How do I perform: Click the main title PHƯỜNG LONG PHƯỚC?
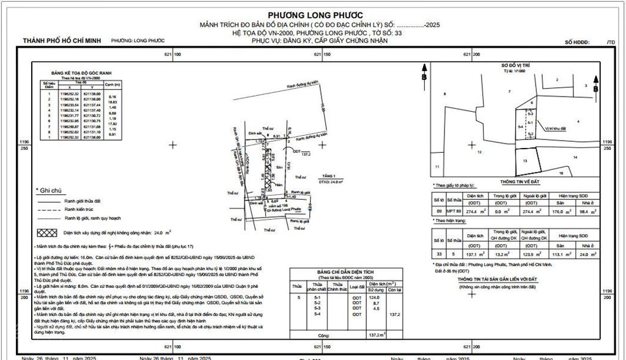click(315, 15)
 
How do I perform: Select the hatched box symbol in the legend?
click(48, 233)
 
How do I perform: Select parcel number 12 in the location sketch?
click(480, 152)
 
